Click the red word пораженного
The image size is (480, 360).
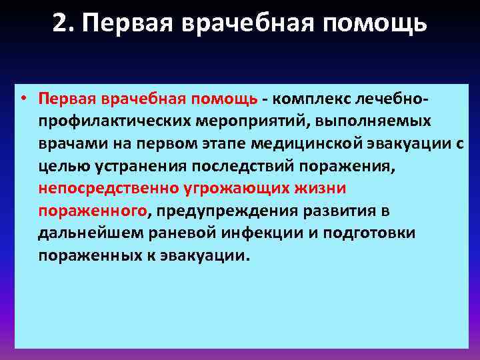pos(93,211)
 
